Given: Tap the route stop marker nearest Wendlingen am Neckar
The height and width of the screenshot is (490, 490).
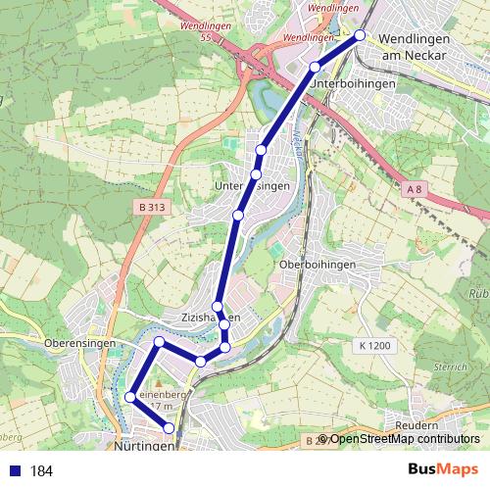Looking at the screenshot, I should [360, 35].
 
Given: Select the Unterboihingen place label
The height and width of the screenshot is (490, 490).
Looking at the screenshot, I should [352, 84].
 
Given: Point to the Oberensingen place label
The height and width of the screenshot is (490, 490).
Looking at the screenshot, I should [80, 343].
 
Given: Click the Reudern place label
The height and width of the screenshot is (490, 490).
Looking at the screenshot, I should [418, 426].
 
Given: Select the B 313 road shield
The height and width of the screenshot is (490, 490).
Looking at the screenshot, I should [152, 207].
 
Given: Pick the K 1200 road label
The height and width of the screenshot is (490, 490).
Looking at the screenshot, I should [374, 345].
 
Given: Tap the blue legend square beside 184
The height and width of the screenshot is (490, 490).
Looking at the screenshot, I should [14, 471].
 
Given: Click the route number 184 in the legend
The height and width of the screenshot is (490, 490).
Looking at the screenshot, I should [41, 471].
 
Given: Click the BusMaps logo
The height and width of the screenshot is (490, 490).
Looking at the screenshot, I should [443, 470].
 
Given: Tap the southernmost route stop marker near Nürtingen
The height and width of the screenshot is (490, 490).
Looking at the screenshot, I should [170, 428].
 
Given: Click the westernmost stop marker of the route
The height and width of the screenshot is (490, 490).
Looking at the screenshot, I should [129, 397].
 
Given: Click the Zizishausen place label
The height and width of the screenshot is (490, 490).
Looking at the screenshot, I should [209, 318].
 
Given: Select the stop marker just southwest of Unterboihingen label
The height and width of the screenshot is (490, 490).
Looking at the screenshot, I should [315, 67].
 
